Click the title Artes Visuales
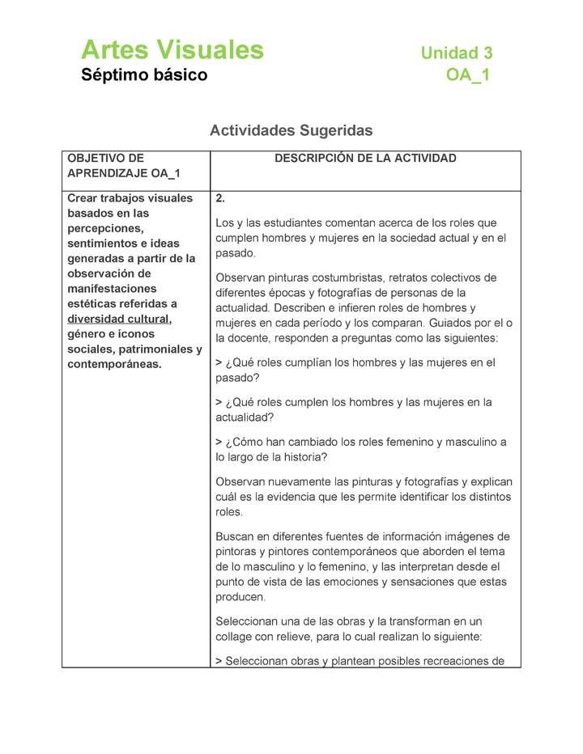coord(172,50)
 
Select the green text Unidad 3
coord(456,53)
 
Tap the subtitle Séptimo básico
coord(143,76)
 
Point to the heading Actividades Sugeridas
coord(291,130)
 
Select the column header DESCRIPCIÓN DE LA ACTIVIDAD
coord(365,159)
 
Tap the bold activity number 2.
coord(220,198)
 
